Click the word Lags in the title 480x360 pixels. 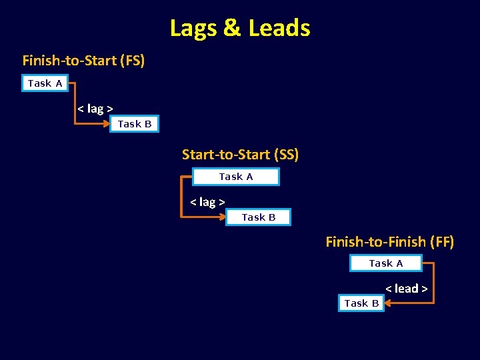[x=194, y=28]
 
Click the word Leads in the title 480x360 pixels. [x=279, y=28]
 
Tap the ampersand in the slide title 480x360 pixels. [x=233, y=28]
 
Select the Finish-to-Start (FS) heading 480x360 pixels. [x=83, y=61]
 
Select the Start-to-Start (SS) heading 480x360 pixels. [x=240, y=155]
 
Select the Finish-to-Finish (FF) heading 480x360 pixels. [x=389, y=241]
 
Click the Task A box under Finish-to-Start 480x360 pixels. [x=45, y=83]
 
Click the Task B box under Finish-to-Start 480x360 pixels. [x=135, y=124]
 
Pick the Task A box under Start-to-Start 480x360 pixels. [x=236, y=177]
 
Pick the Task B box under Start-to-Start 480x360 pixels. [x=258, y=217]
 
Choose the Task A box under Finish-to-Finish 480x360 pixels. [x=386, y=263]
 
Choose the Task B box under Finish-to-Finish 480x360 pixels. [x=361, y=303]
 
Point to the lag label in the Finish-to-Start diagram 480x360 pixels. [x=95, y=108]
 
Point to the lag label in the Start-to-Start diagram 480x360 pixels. [x=207, y=201]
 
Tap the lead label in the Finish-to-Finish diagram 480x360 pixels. [x=406, y=288]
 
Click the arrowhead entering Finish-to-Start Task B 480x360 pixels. [x=105, y=124]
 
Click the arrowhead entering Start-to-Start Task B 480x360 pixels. [x=221, y=217]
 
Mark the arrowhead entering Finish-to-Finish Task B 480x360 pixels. [x=389, y=303]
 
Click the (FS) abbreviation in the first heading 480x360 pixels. [x=132, y=61]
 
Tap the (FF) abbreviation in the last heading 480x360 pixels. [x=442, y=241]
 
